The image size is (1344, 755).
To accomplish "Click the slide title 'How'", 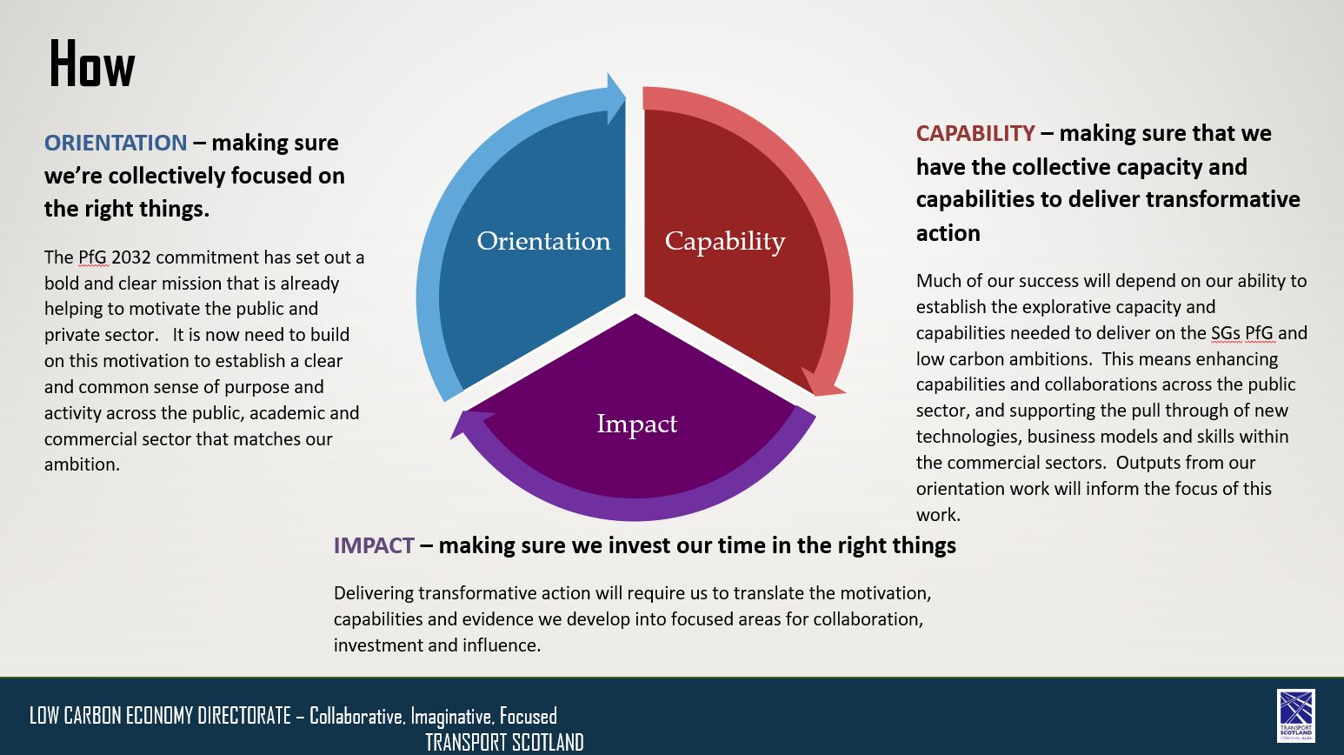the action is (92, 64).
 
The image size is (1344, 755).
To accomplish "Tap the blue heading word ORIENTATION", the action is (116, 143).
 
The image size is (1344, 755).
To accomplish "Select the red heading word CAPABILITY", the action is (975, 133).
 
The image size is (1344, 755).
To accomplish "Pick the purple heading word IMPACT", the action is (374, 545).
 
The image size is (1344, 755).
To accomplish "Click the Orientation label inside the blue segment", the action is (543, 241).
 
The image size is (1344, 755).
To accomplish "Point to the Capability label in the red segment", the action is (725, 242).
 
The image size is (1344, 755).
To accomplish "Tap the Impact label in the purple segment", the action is (636, 424).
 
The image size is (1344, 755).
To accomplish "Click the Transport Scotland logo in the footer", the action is (1296, 715).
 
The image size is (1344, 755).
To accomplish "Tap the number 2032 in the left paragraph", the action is (130, 257).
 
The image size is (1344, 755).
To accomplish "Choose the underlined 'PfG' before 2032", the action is (92, 257).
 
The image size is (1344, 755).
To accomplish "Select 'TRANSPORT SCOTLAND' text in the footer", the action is (504, 743).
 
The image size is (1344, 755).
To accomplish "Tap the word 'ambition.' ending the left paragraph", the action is (82, 464).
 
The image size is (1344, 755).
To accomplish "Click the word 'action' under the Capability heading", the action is (948, 233).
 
